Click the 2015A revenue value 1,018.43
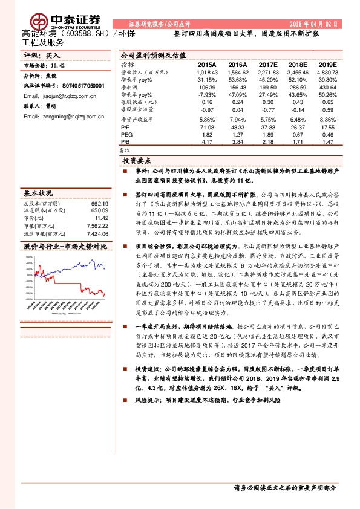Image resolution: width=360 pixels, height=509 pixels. [x=206, y=72]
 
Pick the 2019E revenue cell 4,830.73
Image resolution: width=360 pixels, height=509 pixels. [x=327, y=72]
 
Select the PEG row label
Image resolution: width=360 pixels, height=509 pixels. [x=125, y=135]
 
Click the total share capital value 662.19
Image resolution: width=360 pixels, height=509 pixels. [x=99, y=204]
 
